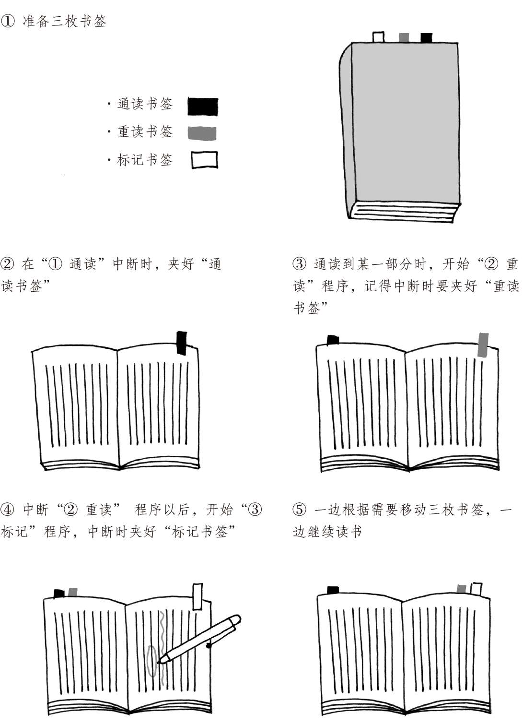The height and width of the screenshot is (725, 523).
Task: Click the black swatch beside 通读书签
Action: click(202, 107)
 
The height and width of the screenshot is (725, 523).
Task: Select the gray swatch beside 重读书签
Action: click(202, 133)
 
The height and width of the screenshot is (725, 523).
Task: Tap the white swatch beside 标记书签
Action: click(204, 160)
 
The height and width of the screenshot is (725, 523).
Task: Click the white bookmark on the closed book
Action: click(378, 37)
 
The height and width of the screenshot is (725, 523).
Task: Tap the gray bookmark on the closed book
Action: click(404, 38)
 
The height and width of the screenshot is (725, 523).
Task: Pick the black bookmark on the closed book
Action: click(426, 38)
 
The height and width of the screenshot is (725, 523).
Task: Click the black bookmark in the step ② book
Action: click(182, 343)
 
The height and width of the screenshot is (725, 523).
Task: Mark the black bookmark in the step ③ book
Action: click(333, 340)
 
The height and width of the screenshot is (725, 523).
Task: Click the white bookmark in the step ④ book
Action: click(197, 596)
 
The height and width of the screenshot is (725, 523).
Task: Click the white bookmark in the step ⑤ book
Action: click(476, 589)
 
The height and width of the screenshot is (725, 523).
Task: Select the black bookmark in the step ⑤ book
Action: click(333, 590)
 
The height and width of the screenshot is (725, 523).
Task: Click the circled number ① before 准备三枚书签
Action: click(8, 21)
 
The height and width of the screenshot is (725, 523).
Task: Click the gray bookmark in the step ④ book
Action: click(72, 593)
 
